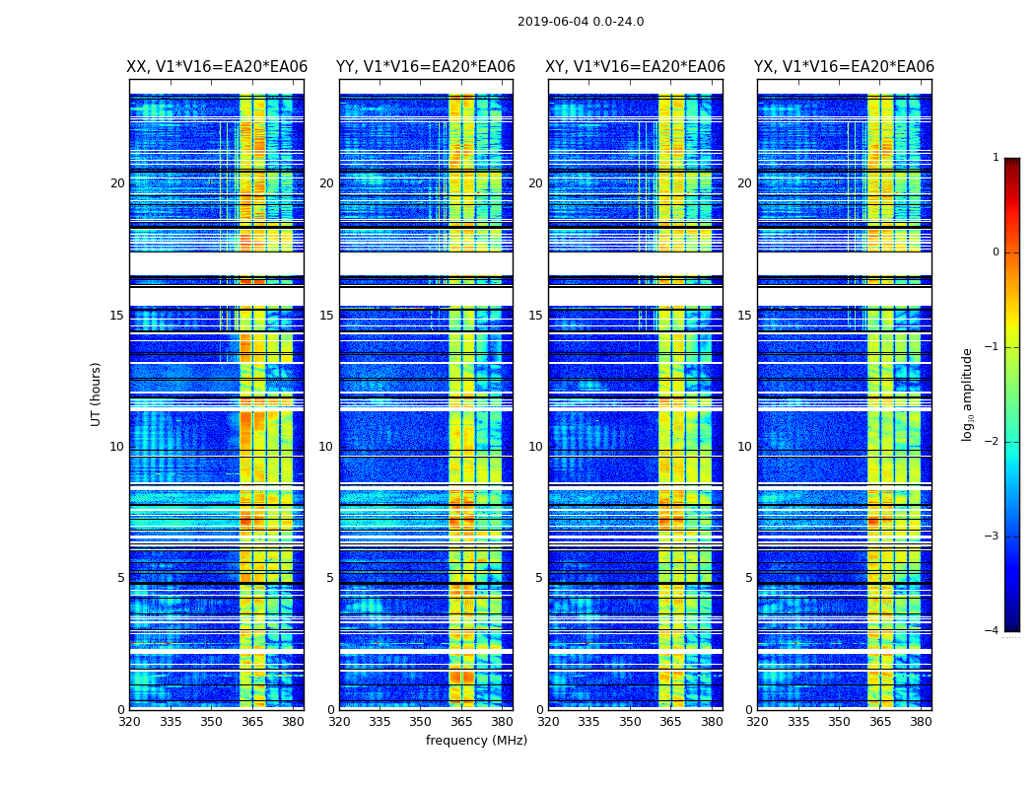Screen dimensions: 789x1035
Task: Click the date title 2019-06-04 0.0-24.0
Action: (x=581, y=22)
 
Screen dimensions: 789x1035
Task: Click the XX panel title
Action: (x=217, y=67)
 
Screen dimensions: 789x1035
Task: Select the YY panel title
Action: (x=426, y=67)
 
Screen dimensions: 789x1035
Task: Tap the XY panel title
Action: (x=636, y=67)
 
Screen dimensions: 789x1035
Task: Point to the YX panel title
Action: (x=845, y=67)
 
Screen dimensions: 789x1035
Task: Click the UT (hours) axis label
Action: (x=97, y=394)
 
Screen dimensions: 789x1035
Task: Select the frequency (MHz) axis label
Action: (x=476, y=741)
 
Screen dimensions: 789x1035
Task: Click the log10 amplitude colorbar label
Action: (x=968, y=394)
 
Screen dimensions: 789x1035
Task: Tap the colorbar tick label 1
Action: (x=995, y=158)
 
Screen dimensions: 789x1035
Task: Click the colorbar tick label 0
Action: (x=995, y=252)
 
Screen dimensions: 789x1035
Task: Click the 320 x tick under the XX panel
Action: (x=129, y=722)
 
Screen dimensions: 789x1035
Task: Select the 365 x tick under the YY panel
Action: (x=461, y=722)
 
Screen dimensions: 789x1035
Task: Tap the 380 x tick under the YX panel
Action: (x=921, y=722)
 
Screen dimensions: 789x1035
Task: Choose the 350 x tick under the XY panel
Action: (x=630, y=722)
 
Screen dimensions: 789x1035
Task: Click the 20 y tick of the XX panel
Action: (x=117, y=183)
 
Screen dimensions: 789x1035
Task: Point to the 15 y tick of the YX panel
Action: (x=748, y=316)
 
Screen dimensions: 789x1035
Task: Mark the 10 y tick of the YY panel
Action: (x=326, y=447)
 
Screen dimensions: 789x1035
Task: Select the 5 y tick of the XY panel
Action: (x=539, y=578)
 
